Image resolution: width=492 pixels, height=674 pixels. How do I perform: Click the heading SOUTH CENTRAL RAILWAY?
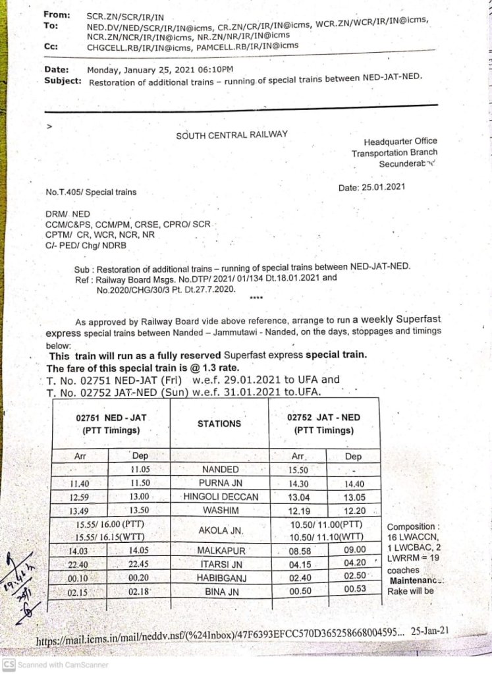pos(232,134)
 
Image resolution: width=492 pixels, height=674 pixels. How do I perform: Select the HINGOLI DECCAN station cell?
pos(219,496)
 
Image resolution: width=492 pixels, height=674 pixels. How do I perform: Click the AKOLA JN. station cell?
pos(219,529)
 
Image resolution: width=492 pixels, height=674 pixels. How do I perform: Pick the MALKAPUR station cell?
pos(219,550)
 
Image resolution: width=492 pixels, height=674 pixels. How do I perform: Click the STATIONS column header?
pos(219,424)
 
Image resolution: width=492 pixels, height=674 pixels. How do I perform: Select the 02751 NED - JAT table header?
pos(109,424)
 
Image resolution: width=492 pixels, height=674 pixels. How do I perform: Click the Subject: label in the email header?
pos(63,81)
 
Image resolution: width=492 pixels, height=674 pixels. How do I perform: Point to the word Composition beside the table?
pos(411,527)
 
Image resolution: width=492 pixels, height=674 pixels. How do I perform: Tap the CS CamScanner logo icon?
pos(9,665)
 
